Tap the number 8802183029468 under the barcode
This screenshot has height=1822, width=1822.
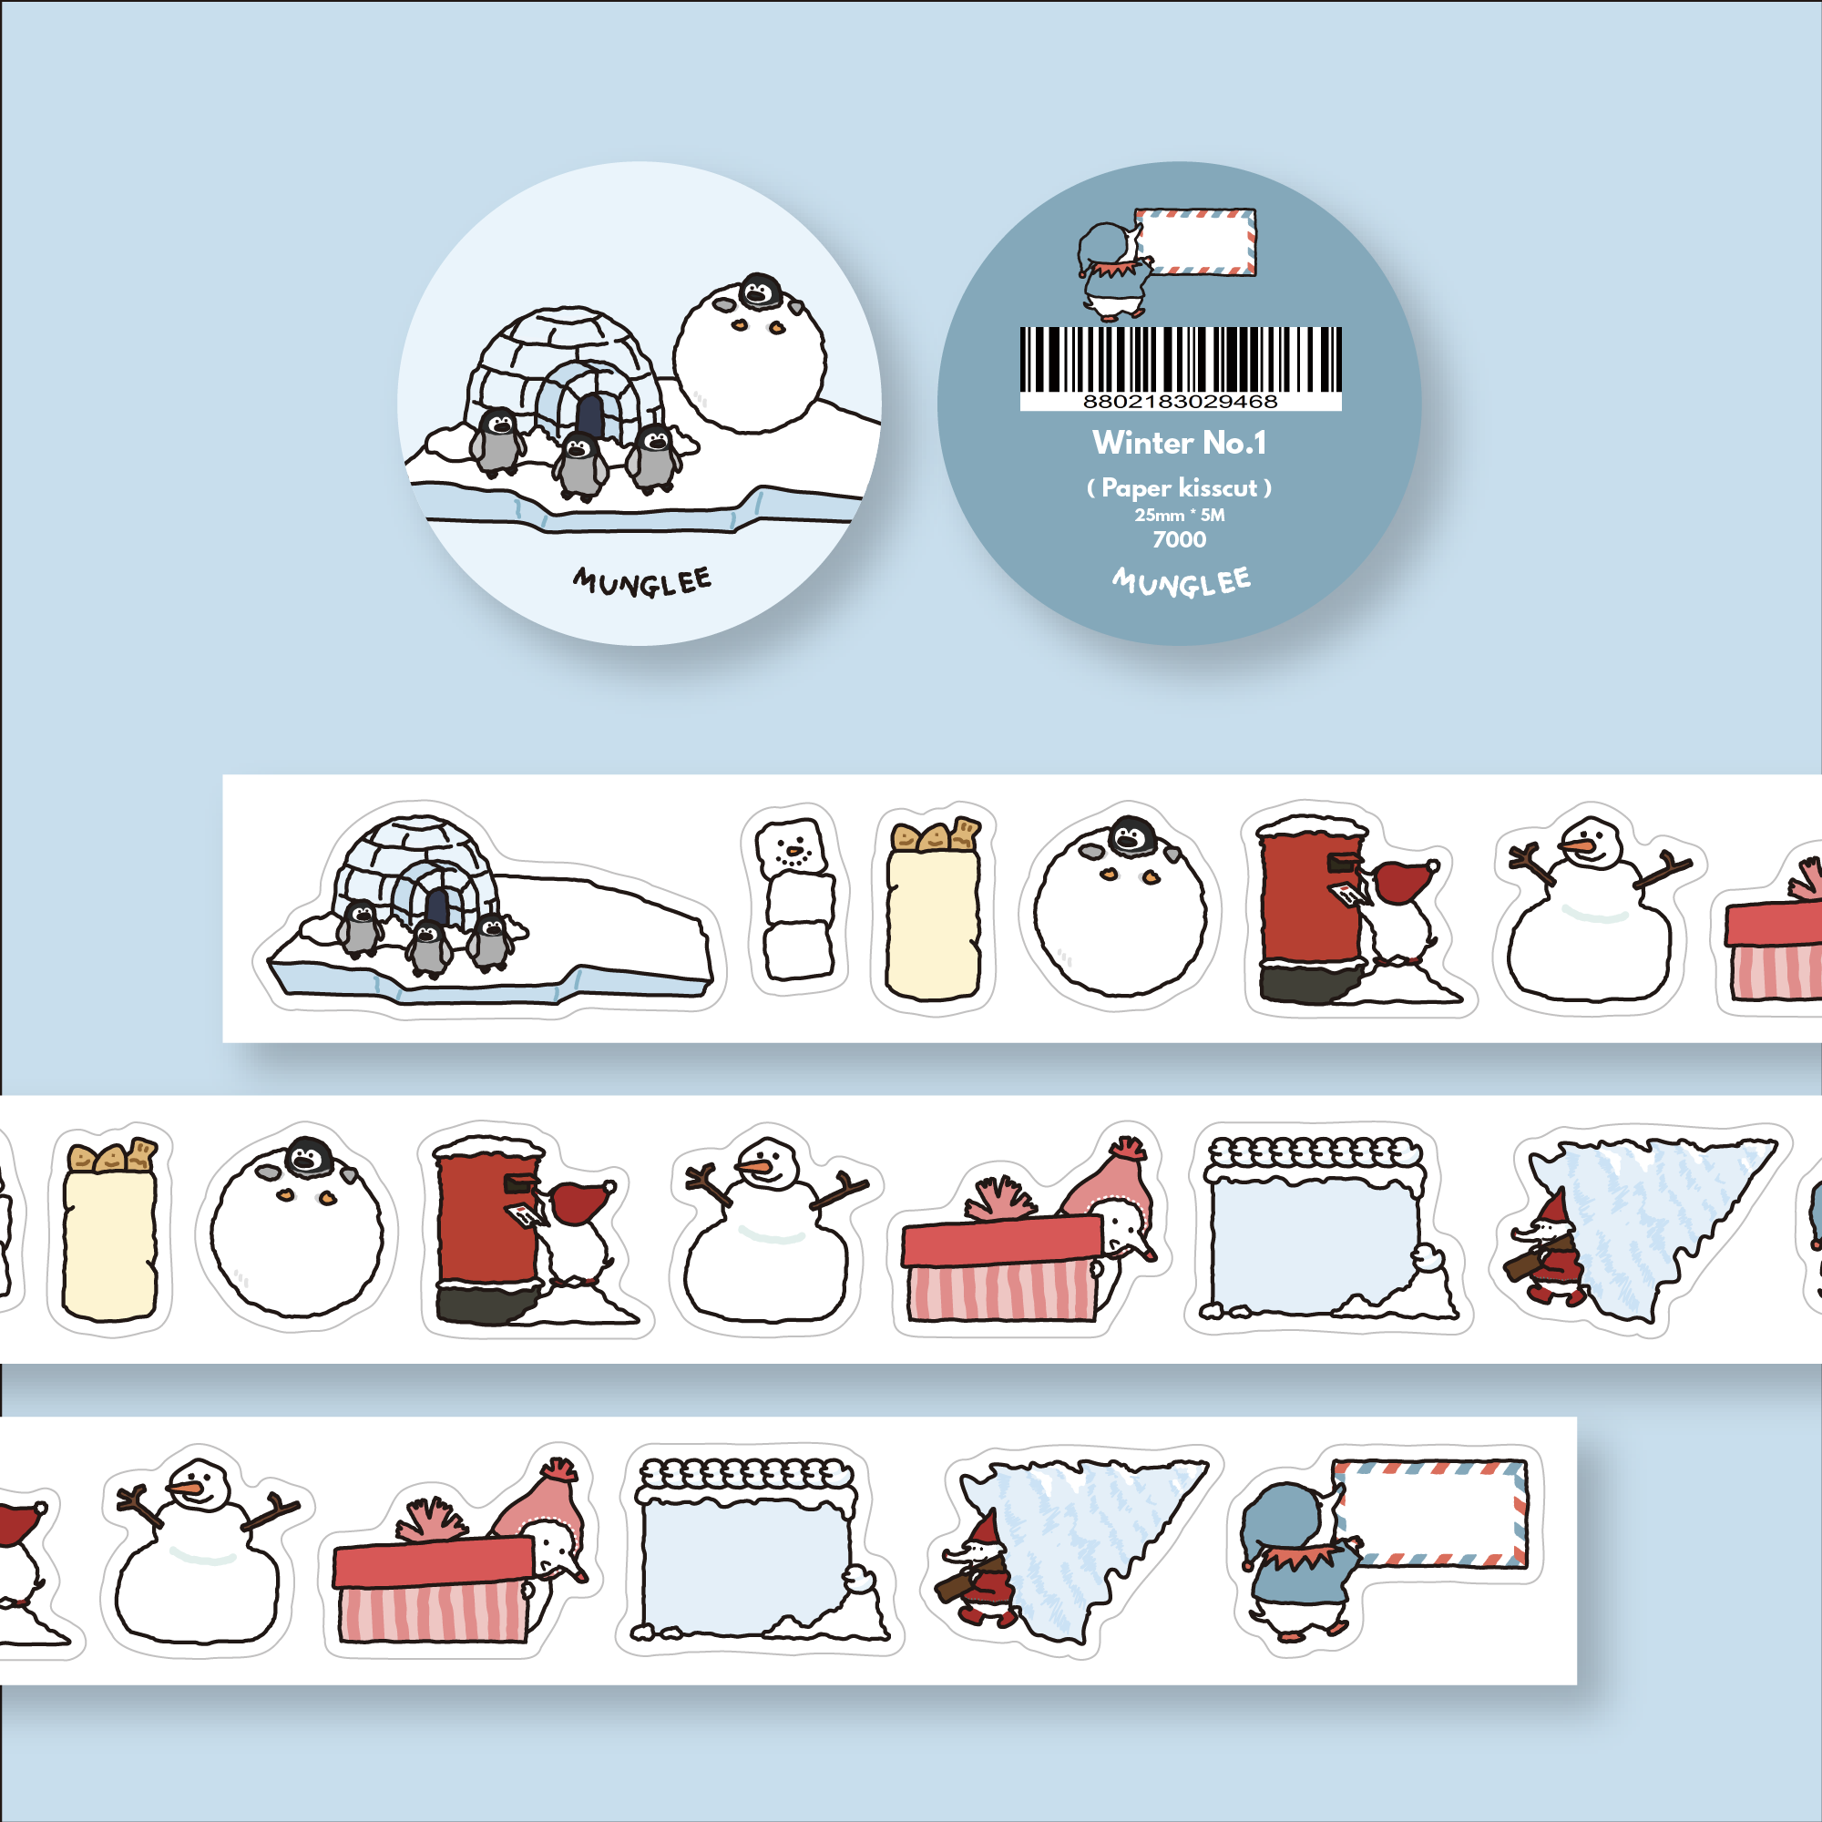click(x=1180, y=402)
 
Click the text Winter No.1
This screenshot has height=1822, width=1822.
click(x=1179, y=443)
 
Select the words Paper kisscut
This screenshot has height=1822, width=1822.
click(x=1179, y=487)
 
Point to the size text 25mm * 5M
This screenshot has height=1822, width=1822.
click(x=1179, y=515)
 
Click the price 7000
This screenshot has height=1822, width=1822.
click(x=1179, y=539)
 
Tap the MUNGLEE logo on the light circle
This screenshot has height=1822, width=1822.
click(x=642, y=581)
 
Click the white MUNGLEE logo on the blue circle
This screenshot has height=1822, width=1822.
click(x=1182, y=581)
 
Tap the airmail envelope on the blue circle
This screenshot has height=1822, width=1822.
click(x=1195, y=242)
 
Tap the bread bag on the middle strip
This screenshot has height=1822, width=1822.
click(x=109, y=1228)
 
